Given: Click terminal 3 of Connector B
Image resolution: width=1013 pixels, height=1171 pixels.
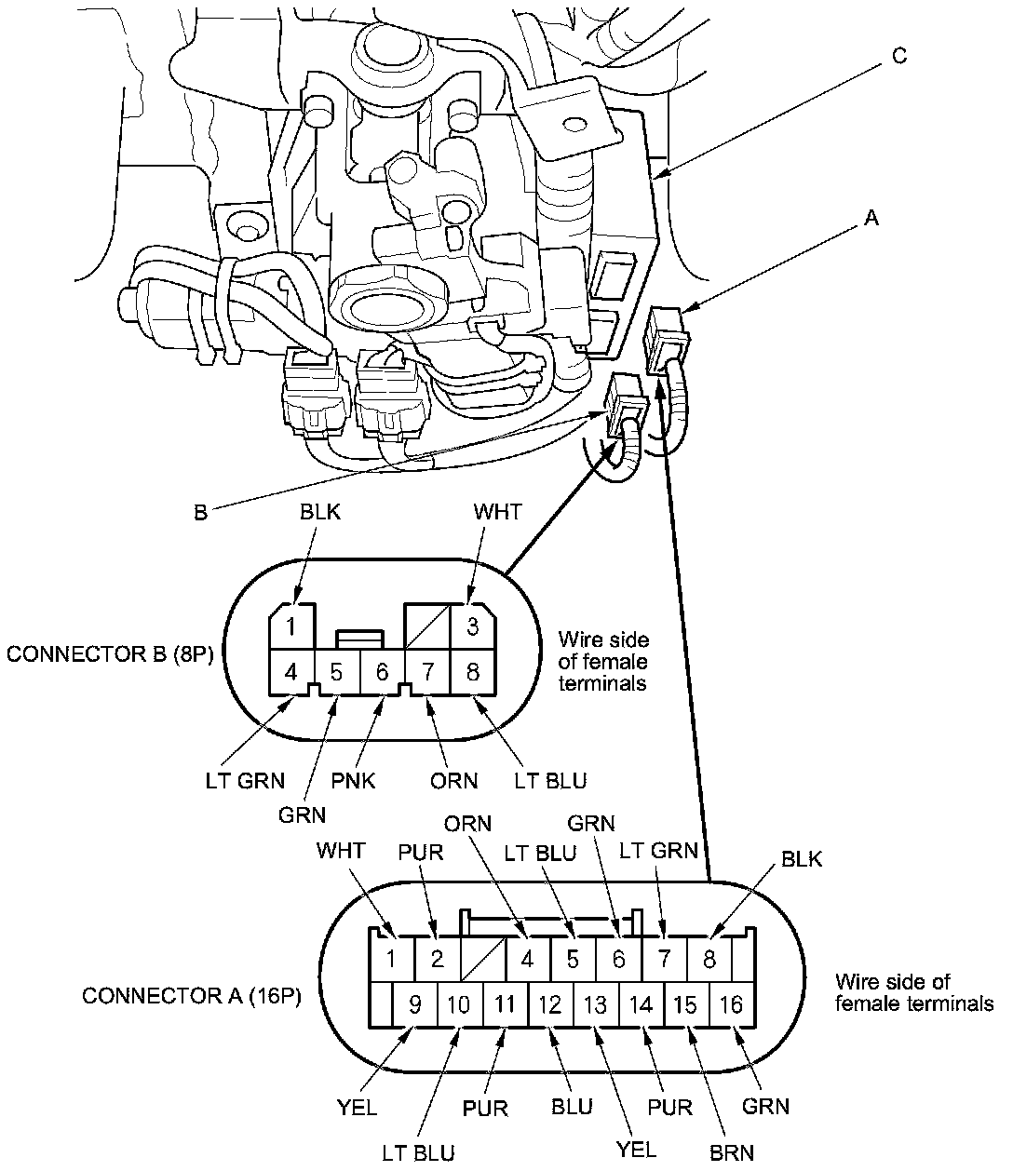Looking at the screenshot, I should pyautogui.click(x=473, y=626).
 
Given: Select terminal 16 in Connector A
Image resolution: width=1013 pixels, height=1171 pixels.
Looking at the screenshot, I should pyautogui.click(x=732, y=1004).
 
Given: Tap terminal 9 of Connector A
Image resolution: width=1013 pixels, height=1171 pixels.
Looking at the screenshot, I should pyautogui.click(x=415, y=1004).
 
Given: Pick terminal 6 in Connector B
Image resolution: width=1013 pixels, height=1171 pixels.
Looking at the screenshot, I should pyautogui.click(x=382, y=671).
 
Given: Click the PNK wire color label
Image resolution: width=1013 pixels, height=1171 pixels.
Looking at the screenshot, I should pyautogui.click(x=354, y=780).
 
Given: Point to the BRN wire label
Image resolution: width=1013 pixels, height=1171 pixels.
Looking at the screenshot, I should pyautogui.click(x=733, y=1152).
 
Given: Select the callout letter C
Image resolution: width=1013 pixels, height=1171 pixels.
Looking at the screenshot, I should pyautogui.click(x=898, y=56).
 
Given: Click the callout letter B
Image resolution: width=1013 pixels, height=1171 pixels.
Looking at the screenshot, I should pyautogui.click(x=200, y=512).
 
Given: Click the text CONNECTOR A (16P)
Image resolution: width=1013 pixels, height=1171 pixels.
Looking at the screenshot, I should pyautogui.click(x=197, y=995).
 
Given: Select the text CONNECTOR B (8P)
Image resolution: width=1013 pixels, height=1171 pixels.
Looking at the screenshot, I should pyautogui.click(x=111, y=653).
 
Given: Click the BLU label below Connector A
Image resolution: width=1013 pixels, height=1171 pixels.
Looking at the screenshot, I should pyautogui.click(x=572, y=1107).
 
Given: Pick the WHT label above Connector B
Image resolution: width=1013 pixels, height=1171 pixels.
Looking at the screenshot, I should pyautogui.click(x=498, y=512).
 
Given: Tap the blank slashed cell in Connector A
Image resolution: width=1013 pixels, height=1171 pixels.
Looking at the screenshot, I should pyautogui.click(x=483, y=958).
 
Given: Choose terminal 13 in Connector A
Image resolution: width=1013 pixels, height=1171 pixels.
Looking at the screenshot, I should pyautogui.click(x=595, y=1004).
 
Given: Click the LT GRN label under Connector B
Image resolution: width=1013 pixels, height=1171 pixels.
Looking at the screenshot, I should pyautogui.click(x=245, y=780).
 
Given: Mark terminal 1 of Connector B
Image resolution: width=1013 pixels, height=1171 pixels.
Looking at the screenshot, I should pyautogui.click(x=291, y=626).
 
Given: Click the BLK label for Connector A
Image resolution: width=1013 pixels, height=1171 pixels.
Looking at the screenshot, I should pyautogui.click(x=802, y=859).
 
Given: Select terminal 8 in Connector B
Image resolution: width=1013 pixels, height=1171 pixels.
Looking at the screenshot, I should pyautogui.click(x=473, y=671).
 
